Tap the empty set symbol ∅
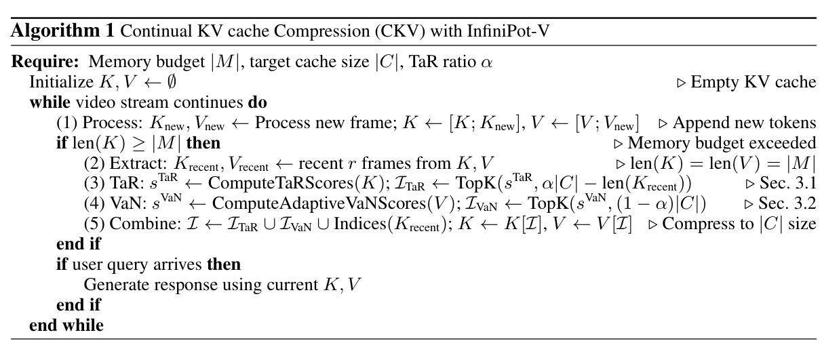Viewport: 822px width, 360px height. click(172, 83)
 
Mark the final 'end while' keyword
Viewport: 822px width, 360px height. click(66, 325)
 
